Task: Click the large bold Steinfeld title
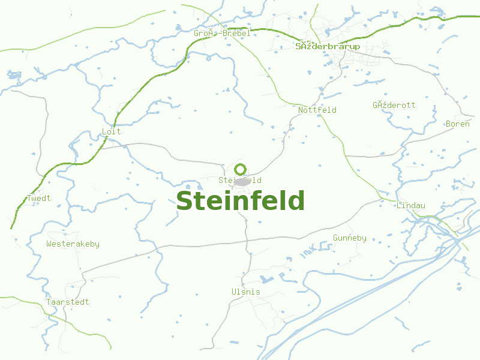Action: pyautogui.click(x=240, y=201)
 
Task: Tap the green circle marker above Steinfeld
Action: pyautogui.click(x=241, y=169)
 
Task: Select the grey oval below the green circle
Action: pyautogui.click(x=241, y=182)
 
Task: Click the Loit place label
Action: pyautogui.click(x=111, y=131)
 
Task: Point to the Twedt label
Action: pyautogui.click(x=39, y=198)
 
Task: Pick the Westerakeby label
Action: pyautogui.click(x=73, y=244)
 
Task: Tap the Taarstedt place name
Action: pyautogui.click(x=67, y=302)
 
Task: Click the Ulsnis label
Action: pyautogui.click(x=246, y=292)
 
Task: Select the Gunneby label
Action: pyautogui.click(x=349, y=238)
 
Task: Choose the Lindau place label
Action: pyautogui.click(x=410, y=205)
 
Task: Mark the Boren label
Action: pyautogui.click(x=457, y=124)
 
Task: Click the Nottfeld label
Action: pyautogui.click(x=317, y=110)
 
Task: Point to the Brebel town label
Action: pyautogui.click(x=222, y=34)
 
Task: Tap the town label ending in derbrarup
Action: pyautogui.click(x=328, y=46)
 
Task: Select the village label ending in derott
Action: pyautogui.click(x=394, y=105)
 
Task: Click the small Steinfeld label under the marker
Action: pyautogui.click(x=239, y=180)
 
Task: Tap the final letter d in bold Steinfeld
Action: pyautogui.click(x=296, y=201)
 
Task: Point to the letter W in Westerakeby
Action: pyautogui.click(x=49, y=244)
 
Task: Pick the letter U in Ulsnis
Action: pyautogui.click(x=234, y=292)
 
